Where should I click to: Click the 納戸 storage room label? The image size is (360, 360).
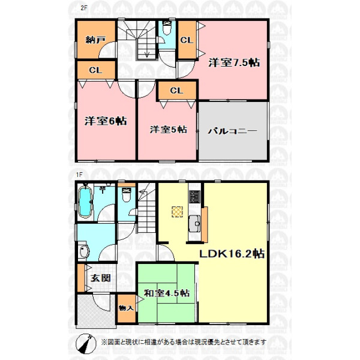tap(95, 40)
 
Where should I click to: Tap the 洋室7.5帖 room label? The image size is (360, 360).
tap(234, 62)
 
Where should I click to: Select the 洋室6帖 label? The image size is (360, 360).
tap(106, 121)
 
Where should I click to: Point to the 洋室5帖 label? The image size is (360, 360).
tap(168, 130)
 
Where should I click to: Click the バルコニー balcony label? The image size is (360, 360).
tap(232, 131)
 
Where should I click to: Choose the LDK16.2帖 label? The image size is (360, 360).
tap(232, 254)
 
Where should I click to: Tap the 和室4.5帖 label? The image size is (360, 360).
tap(167, 293)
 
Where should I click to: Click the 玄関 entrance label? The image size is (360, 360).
tap(101, 278)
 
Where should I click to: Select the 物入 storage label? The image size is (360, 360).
tap(126, 308)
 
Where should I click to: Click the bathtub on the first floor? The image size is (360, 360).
tap(85, 202)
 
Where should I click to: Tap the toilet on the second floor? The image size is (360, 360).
tap(167, 28)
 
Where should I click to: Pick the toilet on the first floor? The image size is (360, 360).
tap(126, 194)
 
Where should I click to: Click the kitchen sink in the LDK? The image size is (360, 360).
tap(194, 223)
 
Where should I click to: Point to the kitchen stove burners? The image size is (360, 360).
tap(194, 197)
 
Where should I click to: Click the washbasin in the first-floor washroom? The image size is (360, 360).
tap(84, 251)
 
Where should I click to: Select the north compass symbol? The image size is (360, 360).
tap(86, 344)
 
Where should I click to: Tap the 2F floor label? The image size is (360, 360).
tap(84, 8)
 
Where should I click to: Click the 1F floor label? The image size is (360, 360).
tap(79, 175)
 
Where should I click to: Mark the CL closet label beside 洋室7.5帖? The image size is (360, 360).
tap(187, 40)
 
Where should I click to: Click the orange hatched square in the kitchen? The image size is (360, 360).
tap(177, 212)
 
